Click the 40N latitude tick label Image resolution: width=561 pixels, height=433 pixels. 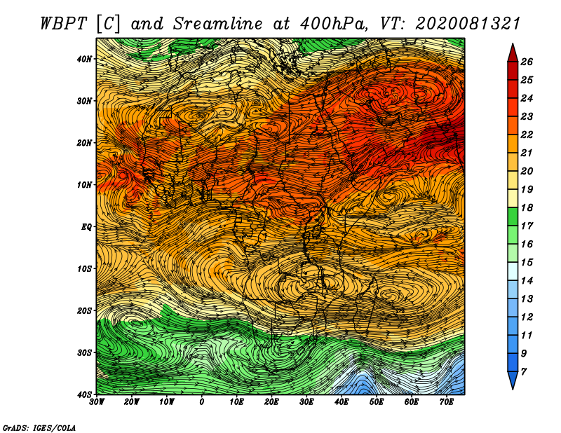click(x=84, y=59)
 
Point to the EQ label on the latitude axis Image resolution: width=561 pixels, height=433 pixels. click(x=86, y=227)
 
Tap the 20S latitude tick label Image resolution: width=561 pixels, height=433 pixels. click(x=84, y=310)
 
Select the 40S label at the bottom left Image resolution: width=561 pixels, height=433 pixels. click(x=84, y=394)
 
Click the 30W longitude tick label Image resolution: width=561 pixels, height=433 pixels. click(x=97, y=402)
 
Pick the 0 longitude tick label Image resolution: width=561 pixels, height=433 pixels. click(x=202, y=402)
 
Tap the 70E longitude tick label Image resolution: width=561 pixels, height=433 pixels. click(x=447, y=402)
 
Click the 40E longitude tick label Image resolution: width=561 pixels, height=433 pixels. click(x=342, y=402)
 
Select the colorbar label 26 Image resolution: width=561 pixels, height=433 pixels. click(x=527, y=62)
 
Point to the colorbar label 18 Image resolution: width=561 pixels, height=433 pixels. click(x=527, y=207)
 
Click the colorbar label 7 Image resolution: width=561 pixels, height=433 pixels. click(x=524, y=372)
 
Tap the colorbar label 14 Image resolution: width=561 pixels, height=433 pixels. click(x=527, y=281)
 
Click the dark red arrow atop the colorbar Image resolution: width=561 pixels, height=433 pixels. click(x=513, y=53)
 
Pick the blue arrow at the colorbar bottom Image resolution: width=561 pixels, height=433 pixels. click(x=513, y=380)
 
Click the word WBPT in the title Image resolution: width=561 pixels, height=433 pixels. click(x=64, y=24)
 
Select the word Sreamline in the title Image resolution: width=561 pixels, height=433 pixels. click(x=218, y=24)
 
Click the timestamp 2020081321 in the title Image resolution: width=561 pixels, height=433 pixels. click(x=467, y=24)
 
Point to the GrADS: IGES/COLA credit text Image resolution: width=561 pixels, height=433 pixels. click(x=39, y=427)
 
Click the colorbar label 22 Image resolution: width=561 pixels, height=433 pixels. click(x=527, y=135)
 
